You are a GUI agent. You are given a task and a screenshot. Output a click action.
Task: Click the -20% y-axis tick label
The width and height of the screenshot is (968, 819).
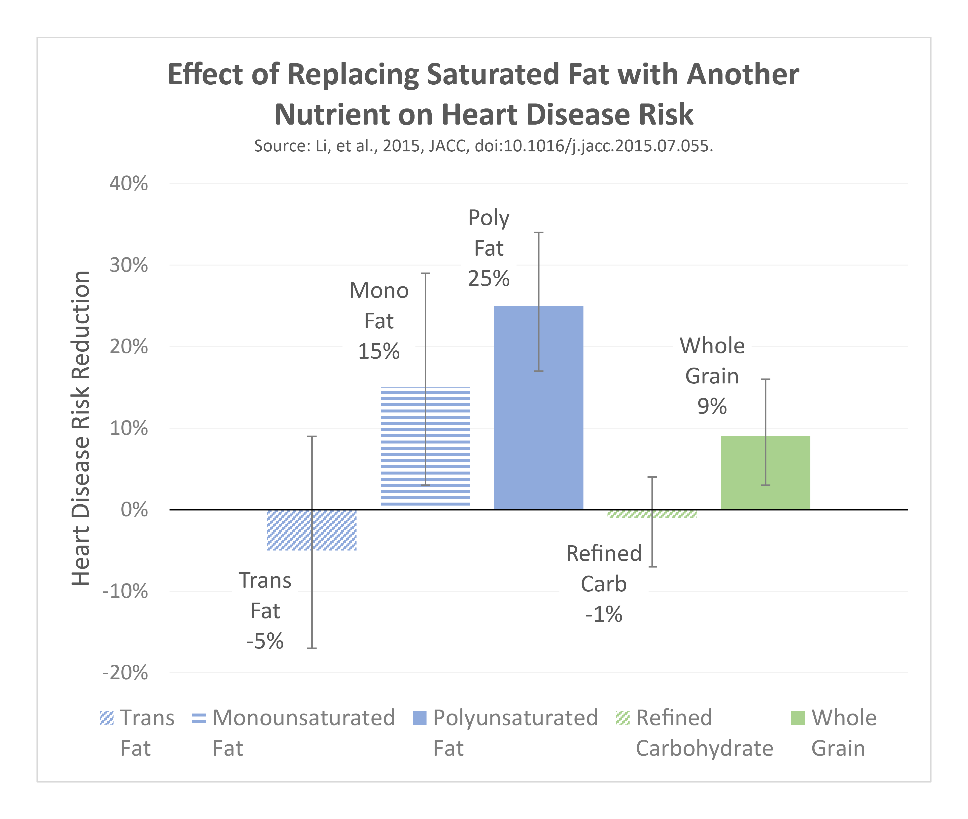pos(125,673)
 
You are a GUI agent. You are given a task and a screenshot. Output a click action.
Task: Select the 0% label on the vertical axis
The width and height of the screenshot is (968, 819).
pos(134,510)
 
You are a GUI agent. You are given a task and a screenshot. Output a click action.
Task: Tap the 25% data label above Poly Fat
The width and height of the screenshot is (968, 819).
pos(488,278)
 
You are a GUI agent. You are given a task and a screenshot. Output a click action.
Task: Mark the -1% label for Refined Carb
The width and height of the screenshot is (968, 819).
pos(604,614)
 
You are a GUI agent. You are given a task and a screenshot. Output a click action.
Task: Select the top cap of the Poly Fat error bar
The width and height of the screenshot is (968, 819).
pos(539,233)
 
